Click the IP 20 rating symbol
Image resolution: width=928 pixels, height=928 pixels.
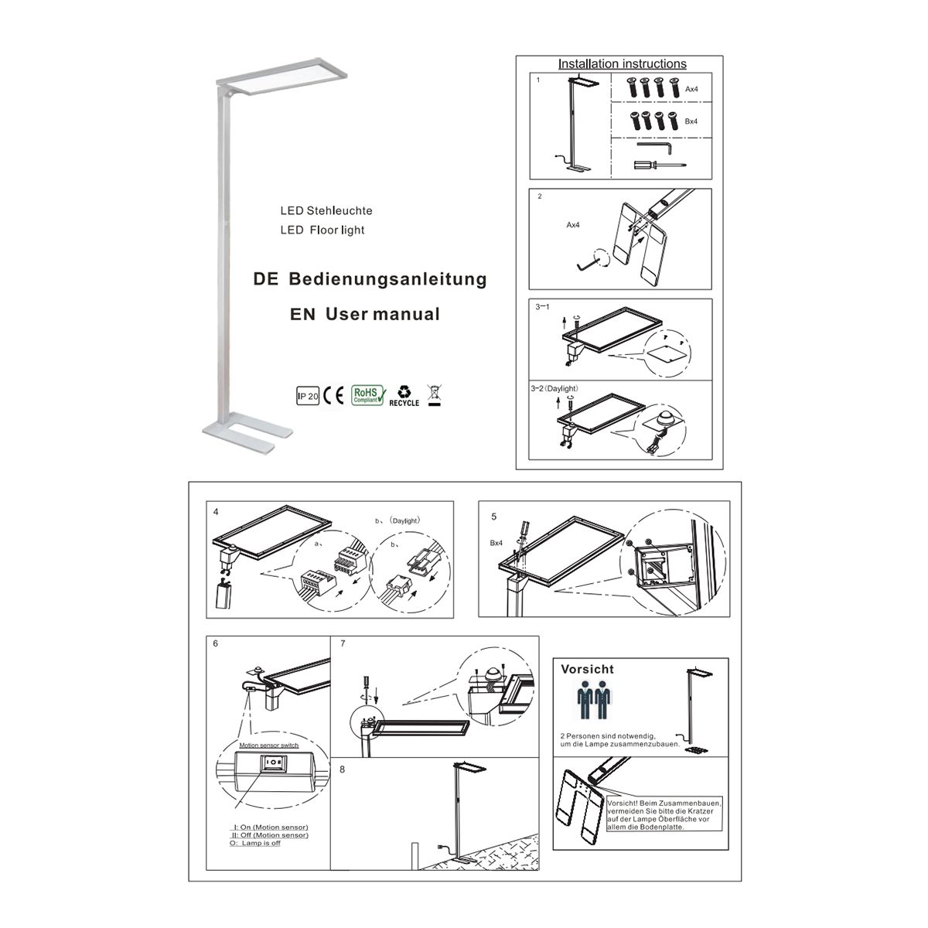tap(307, 396)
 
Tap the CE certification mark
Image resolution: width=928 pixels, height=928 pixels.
tap(333, 395)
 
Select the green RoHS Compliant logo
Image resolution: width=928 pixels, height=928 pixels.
tap(368, 395)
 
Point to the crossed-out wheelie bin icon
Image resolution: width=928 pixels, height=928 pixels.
tap(435, 396)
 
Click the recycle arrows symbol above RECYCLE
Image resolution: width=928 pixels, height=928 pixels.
tap(404, 391)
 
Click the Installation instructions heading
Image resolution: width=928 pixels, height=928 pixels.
tap(622, 63)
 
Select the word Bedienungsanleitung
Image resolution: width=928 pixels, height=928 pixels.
tap(387, 279)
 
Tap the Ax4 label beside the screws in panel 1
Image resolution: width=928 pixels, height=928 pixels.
tap(691, 89)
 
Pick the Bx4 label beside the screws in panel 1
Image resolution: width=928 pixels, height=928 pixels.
tap(691, 121)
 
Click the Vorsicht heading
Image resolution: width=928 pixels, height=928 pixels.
tap(587, 669)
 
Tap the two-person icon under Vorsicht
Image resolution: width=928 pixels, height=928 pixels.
tap(594, 700)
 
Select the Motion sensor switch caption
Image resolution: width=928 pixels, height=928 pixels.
tap(268, 745)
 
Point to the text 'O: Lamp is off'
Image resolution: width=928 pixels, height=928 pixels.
tap(255, 843)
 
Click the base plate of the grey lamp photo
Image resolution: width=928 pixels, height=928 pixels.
tap(247, 432)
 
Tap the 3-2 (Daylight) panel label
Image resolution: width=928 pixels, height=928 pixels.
tap(554, 389)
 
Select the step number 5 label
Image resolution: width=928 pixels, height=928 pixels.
tap(493, 517)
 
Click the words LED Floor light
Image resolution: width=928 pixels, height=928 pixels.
tap(322, 230)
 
